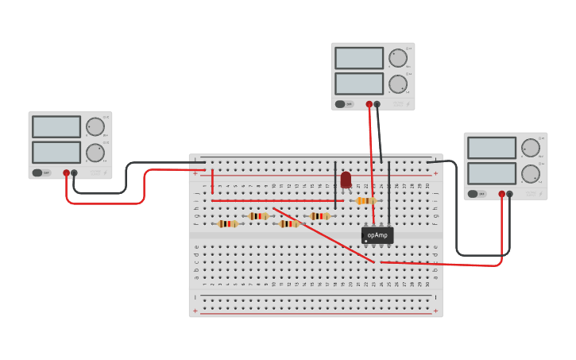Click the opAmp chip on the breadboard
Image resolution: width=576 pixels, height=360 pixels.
(x=377, y=235)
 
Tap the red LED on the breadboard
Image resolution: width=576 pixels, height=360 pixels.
(x=346, y=180)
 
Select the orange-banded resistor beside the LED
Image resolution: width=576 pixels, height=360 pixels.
(x=365, y=201)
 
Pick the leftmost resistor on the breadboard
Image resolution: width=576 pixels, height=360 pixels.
(x=227, y=224)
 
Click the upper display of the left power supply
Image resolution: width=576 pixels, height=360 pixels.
(x=56, y=126)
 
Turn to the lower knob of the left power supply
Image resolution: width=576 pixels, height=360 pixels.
(x=95, y=153)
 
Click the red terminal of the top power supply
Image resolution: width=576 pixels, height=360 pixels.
(x=369, y=104)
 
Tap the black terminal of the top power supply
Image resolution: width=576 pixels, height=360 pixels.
(x=377, y=104)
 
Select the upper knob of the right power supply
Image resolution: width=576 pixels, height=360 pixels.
(x=530, y=148)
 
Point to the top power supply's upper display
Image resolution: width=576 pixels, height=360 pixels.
(x=359, y=58)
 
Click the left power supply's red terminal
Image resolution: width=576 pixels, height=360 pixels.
(x=66, y=172)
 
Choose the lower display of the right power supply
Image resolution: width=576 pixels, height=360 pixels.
(x=492, y=173)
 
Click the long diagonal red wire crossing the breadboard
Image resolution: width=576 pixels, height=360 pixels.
(x=322, y=234)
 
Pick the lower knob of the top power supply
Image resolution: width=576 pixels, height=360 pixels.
(x=397, y=83)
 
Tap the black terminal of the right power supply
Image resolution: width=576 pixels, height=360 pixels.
(x=509, y=194)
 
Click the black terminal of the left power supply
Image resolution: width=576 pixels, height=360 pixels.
(x=74, y=172)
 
